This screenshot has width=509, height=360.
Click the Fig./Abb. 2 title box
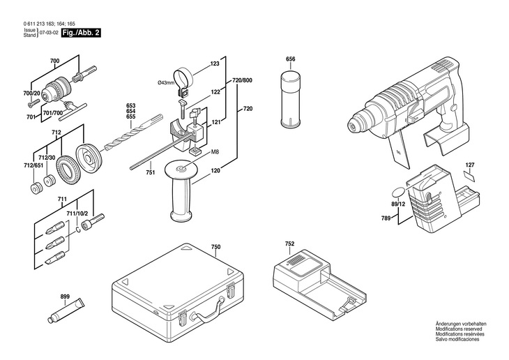pyautogui.click(x=79, y=33)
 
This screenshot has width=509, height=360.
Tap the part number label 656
pyautogui.click(x=291, y=59)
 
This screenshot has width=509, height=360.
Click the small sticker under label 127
pyautogui.click(x=469, y=177)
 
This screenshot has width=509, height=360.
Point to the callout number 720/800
pyautogui.click(x=242, y=81)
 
